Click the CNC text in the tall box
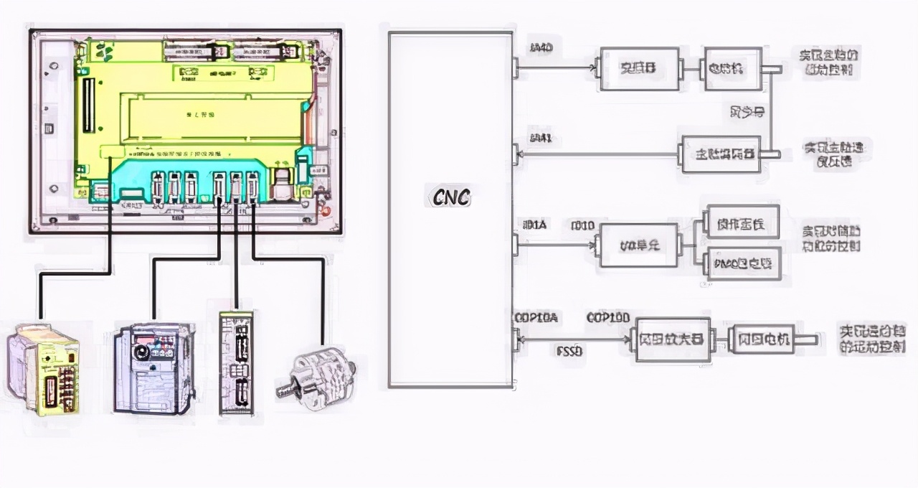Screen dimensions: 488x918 451,197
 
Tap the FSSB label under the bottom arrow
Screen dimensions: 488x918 569,352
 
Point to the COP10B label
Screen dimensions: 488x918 608,317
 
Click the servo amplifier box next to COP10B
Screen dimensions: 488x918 670,339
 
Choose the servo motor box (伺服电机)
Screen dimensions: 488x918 760,339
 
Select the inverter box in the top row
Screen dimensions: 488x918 639,69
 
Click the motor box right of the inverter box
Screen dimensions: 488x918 732,69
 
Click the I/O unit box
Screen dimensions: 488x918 638,245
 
